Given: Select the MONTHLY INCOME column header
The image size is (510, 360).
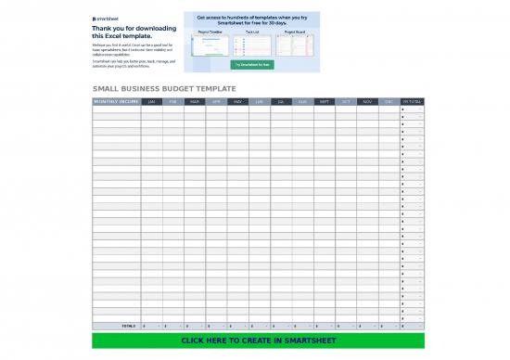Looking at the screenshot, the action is pos(116,101).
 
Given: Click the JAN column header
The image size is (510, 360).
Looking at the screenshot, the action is pos(151,101).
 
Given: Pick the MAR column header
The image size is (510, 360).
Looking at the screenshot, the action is pos(195,101).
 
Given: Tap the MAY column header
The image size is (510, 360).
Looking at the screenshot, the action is pos(238,101).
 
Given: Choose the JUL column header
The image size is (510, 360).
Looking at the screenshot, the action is pos(281,101).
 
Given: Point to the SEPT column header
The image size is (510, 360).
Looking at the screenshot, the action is pos(325,101).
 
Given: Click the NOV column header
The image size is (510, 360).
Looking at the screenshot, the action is pos(367,101).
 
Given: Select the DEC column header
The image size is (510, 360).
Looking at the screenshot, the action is pos(389,101).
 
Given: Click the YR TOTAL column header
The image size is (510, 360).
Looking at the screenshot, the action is pos(412,101).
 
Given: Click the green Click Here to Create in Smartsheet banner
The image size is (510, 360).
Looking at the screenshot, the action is pos(258,341).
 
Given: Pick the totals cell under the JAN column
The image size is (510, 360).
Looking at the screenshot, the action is pos(151,326).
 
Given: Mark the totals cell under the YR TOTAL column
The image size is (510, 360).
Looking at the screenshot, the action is pos(412,326).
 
